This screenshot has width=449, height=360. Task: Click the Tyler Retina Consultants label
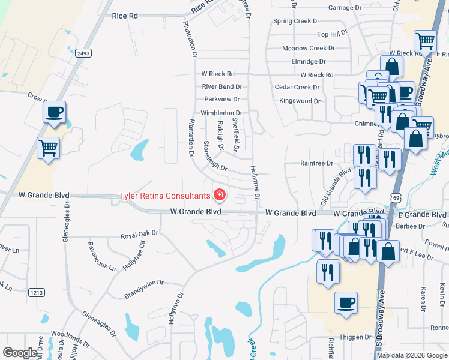tap(164, 195)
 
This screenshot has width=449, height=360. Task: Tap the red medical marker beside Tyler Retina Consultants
tap(220, 194)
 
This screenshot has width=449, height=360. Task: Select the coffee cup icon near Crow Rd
tap(54, 112)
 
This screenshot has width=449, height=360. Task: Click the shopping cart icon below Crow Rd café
tap(48, 147)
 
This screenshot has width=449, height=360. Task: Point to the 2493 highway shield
tap(83, 53)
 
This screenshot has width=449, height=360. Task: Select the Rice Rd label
tap(124, 16)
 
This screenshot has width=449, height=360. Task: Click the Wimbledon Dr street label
tap(221, 113)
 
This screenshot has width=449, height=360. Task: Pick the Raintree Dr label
tap(316, 163)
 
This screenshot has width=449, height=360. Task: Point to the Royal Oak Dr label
tap(139, 235)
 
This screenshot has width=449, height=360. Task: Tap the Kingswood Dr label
tap(300, 101)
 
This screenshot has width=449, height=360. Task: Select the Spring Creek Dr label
tap(297, 21)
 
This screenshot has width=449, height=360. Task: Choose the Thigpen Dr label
tap(355, 338)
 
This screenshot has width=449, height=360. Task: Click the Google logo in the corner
tap(20, 353)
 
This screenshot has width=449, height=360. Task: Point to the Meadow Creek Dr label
tap(308, 48)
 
